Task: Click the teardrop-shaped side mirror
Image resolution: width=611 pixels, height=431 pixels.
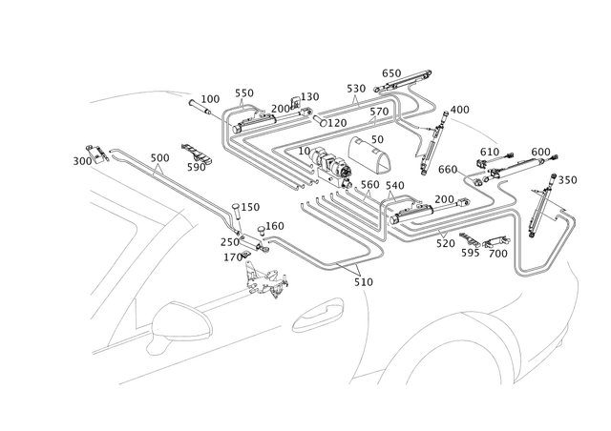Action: pyautogui.click(x=181, y=322)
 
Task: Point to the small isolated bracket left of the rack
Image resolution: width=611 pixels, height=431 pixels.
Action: pyautogui.click(x=197, y=153)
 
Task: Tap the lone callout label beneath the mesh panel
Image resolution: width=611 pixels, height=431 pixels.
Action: pyautogui.click(x=363, y=282)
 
